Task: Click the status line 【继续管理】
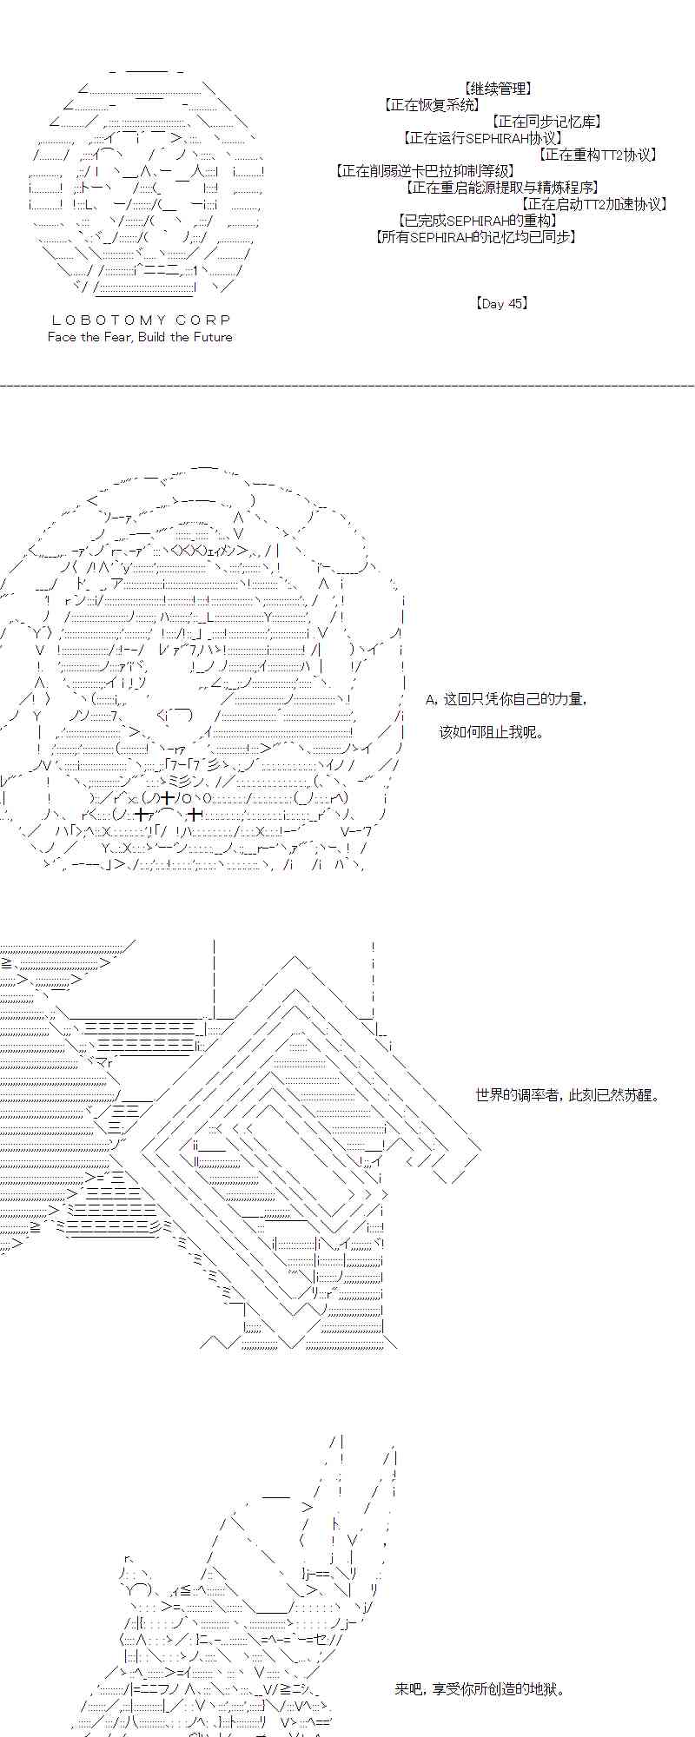(498, 89)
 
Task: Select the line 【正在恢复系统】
(432, 105)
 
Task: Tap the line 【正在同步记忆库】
(547, 122)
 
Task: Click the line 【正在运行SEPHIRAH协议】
(484, 138)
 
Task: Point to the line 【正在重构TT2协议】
(598, 155)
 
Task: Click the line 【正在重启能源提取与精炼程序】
(503, 188)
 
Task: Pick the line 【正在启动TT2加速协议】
(595, 204)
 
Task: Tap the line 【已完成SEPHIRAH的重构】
(478, 221)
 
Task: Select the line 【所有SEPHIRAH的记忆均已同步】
(477, 237)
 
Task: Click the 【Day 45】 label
(502, 304)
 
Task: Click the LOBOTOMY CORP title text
(141, 320)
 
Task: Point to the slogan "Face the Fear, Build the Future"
(140, 337)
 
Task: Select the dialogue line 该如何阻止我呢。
(492, 732)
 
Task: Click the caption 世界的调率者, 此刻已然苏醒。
(568, 1095)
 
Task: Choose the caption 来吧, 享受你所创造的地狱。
(480, 1689)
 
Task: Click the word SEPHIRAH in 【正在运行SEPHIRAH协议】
(494, 138)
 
